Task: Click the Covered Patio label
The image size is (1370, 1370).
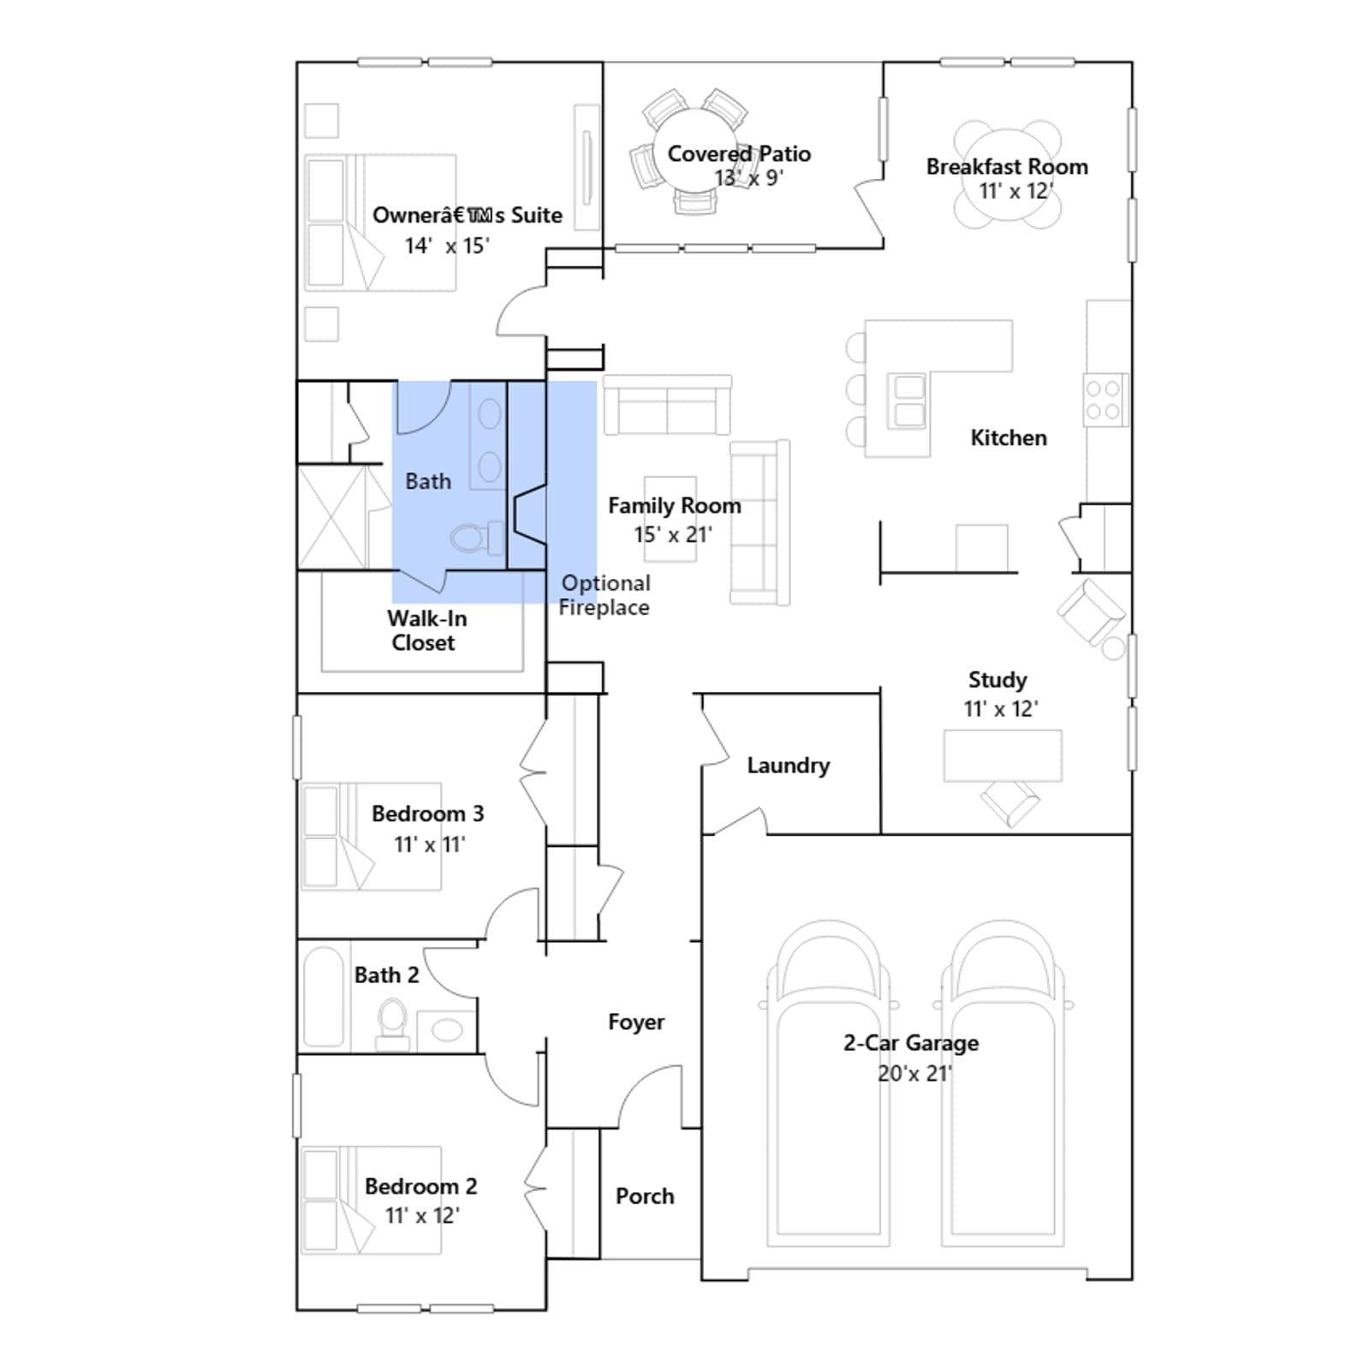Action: click(739, 154)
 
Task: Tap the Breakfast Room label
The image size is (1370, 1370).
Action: click(1007, 167)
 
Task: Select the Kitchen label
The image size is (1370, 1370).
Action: click(1009, 438)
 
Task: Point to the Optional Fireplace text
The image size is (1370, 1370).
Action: click(605, 595)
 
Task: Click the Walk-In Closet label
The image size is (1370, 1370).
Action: click(426, 630)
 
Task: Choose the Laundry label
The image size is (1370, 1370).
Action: click(788, 765)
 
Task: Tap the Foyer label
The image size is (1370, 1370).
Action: click(636, 1022)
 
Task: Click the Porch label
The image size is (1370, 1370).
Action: click(645, 1196)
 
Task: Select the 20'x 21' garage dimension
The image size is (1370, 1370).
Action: click(914, 1074)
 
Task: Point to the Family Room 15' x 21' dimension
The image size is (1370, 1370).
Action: click(673, 535)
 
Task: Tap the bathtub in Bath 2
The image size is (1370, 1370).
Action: click(324, 996)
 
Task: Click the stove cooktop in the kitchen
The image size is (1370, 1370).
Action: click(1105, 400)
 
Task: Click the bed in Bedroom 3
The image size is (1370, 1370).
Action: click(371, 837)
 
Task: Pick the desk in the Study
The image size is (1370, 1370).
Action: click(1003, 756)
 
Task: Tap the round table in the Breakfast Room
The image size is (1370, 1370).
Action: click(1008, 175)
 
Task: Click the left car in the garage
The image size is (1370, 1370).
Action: click(828, 1083)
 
